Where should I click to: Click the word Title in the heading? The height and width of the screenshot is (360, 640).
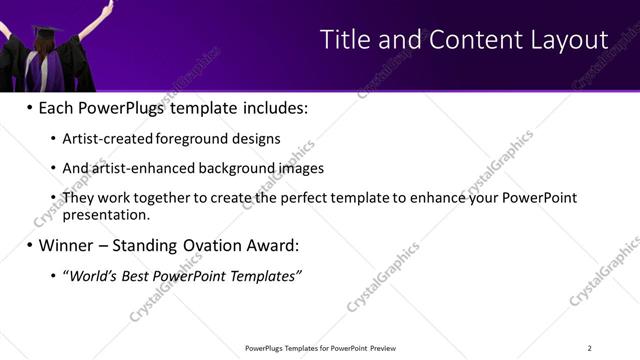pyautogui.click(x=343, y=40)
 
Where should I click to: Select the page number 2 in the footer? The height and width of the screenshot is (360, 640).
pyautogui.click(x=590, y=348)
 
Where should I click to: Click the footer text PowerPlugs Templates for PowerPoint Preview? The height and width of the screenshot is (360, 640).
pyautogui.click(x=320, y=348)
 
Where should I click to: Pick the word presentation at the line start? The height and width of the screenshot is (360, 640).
pyautogui.click(x=105, y=214)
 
